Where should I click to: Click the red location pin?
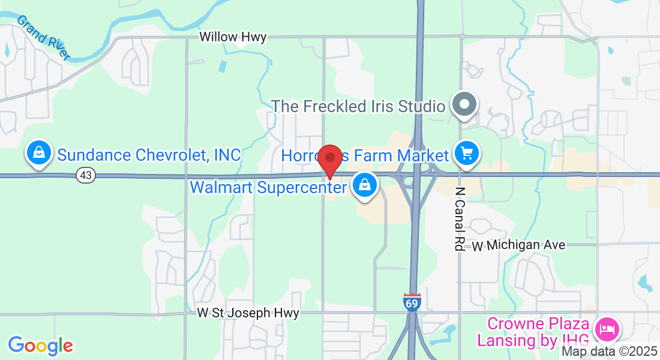[x=330, y=160]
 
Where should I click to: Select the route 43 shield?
[x=86, y=175]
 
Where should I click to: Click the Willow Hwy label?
[x=233, y=38]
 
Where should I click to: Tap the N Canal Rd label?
[x=460, y=218]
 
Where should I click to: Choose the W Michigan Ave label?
[x=518, y=245]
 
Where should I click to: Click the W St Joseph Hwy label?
[x=248, y=313]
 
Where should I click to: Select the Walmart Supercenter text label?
[x=268, y=188]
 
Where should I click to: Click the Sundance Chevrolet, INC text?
[x=149, y=155]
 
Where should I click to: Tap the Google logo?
[x=40, y=346]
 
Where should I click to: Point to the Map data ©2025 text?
[x=609, y=352]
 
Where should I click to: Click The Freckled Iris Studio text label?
[x=358, y=106]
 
